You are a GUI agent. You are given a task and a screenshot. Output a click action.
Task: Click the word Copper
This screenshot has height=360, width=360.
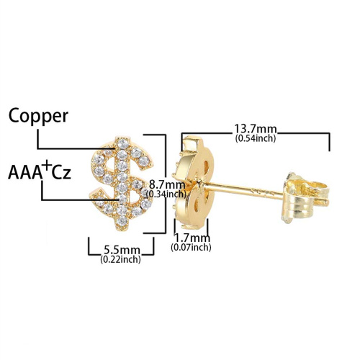[38, 117]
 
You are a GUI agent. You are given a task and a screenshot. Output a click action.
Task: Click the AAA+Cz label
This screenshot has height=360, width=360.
[40, 171]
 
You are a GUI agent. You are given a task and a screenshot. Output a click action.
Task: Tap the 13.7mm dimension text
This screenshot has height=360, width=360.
[256, 129]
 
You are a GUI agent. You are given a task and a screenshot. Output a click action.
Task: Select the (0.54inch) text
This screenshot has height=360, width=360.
[256, 138]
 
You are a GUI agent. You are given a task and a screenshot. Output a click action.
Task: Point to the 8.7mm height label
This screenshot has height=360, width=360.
[167, 185]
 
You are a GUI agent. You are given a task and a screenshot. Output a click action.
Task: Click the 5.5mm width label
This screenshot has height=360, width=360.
[122, 251]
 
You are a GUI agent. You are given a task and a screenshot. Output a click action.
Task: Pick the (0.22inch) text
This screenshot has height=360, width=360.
[120, 259]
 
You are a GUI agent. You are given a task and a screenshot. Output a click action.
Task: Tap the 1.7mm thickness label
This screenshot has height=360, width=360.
[192, 238]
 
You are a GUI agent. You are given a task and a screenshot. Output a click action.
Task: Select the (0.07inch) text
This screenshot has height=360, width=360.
[191, 247]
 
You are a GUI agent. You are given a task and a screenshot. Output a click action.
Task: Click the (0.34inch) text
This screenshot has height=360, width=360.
[166, 194]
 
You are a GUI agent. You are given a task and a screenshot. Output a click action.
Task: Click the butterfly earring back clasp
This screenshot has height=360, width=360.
[305, 198]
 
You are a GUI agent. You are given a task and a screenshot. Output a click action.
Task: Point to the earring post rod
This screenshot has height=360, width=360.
[243, 192]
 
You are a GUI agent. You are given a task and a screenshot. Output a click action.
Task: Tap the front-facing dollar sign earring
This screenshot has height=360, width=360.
[122, 184]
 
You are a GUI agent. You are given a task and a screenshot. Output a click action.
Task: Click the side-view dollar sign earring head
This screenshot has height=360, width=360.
[194, 182]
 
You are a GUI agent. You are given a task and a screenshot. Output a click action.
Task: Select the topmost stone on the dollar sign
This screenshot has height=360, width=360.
[123, 143]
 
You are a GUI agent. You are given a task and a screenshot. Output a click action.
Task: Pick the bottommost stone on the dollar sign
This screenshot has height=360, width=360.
[122, 221]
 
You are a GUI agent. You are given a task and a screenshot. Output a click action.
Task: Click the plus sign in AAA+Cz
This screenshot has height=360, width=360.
[47, 165]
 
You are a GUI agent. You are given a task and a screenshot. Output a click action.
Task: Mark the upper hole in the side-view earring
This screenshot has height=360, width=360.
[206, 166]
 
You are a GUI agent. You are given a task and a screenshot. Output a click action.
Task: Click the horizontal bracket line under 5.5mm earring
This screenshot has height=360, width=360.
[121, 254]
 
